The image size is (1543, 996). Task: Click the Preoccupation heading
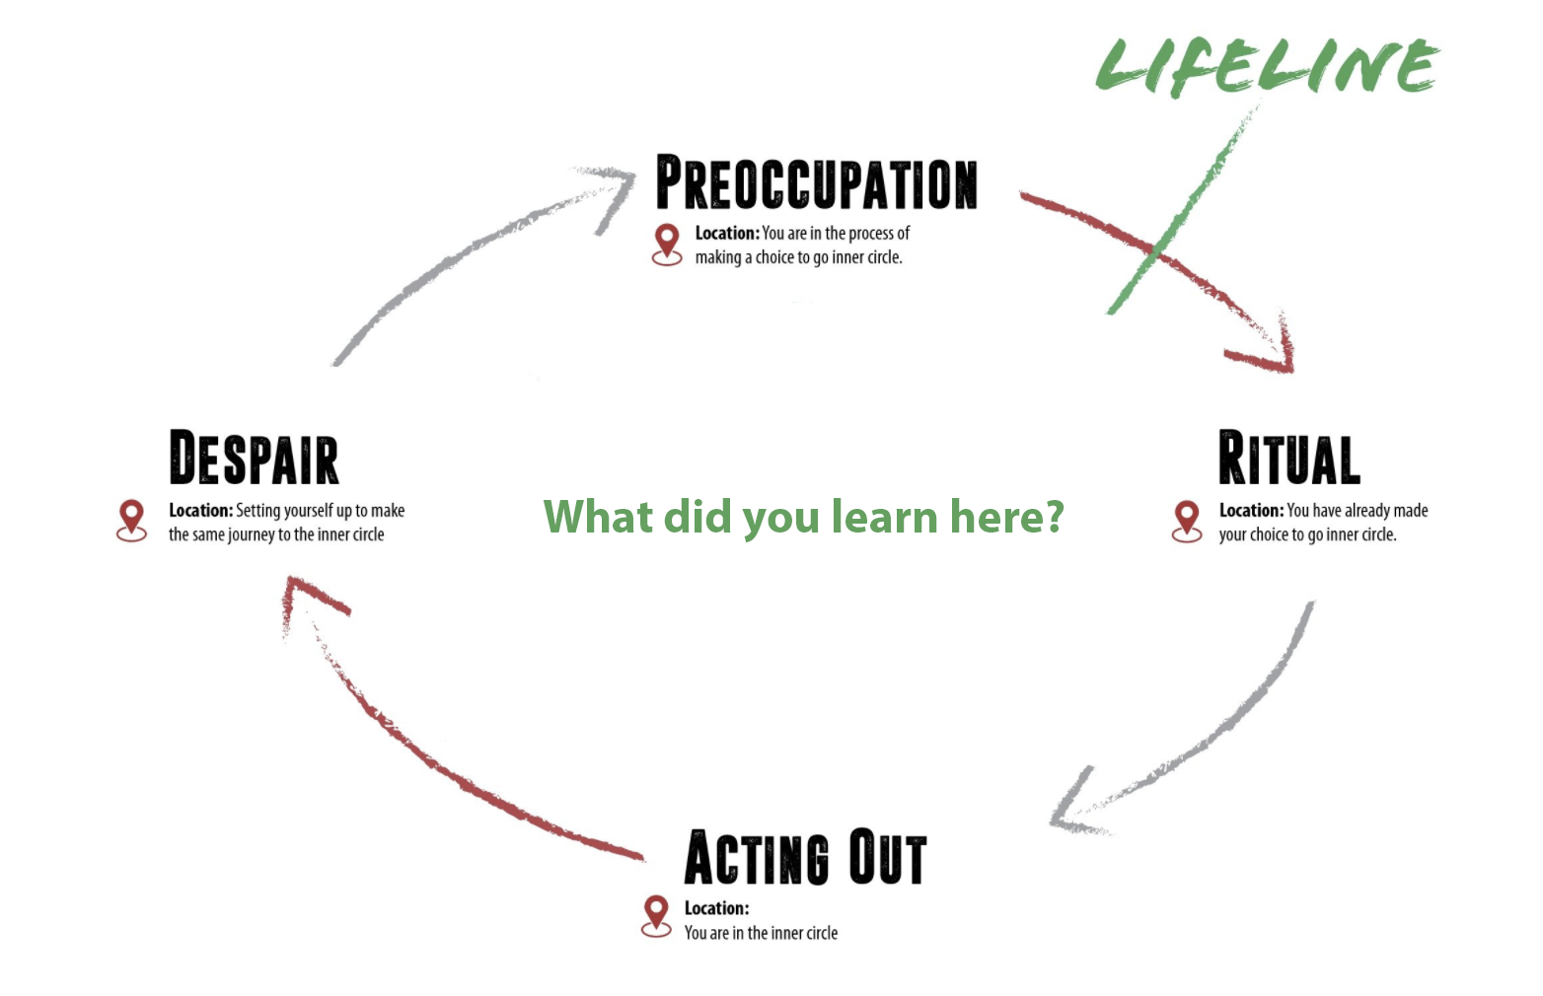(817, 183)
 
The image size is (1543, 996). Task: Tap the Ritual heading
(1288, 459)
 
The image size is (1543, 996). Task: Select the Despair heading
(254, 459)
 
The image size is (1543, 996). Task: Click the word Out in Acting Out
(888, 858)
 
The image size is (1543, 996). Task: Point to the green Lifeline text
(1267, 67)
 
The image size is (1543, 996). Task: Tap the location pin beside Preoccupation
(667, 243)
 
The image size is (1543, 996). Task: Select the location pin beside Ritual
(1187, 520)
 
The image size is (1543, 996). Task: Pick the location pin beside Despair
(131, 520)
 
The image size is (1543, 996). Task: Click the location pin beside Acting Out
(656, 915)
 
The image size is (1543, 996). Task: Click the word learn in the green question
(883, 516)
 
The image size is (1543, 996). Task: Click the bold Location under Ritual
(1250, 510)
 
